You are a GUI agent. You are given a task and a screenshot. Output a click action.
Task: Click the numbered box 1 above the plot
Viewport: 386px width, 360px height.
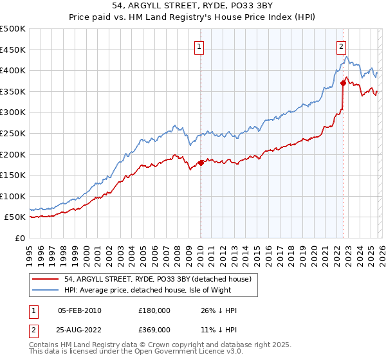[x=200, y=46]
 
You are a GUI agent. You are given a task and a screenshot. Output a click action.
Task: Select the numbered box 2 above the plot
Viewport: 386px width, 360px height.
[x=340, y=46]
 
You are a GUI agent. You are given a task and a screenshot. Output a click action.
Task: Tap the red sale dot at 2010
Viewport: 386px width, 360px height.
[x=201, y=163]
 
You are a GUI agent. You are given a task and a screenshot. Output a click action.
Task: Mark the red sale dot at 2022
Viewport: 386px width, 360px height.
[x=343, y=83]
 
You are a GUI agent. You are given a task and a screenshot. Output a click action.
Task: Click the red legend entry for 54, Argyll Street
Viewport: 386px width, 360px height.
[x=161, y=278]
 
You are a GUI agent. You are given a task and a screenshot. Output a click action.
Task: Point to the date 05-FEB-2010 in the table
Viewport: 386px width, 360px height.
[x=80, y=310]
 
